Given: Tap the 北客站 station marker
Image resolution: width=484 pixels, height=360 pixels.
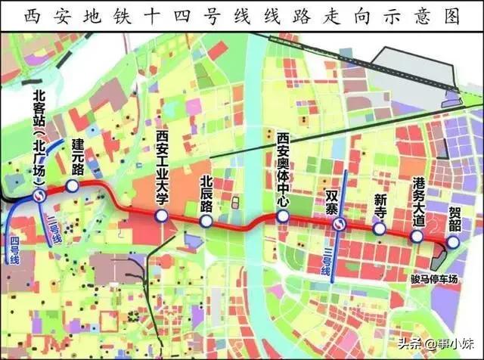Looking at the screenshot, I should pos(39,196).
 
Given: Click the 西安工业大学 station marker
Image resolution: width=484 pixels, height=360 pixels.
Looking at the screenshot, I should pos(161,216).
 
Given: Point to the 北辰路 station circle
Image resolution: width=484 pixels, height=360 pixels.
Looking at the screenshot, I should pos(206,222).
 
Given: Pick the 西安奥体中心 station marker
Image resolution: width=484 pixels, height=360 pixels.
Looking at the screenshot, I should pos(282,216).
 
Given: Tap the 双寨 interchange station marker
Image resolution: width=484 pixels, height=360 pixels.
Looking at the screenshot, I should pos(341,225).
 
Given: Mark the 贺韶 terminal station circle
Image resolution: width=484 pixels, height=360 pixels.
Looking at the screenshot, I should pos(452,242).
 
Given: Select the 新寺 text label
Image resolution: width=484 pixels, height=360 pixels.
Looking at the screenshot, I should pos(380,206).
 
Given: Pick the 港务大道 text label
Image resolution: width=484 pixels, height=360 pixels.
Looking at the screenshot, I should pos(419,201).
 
